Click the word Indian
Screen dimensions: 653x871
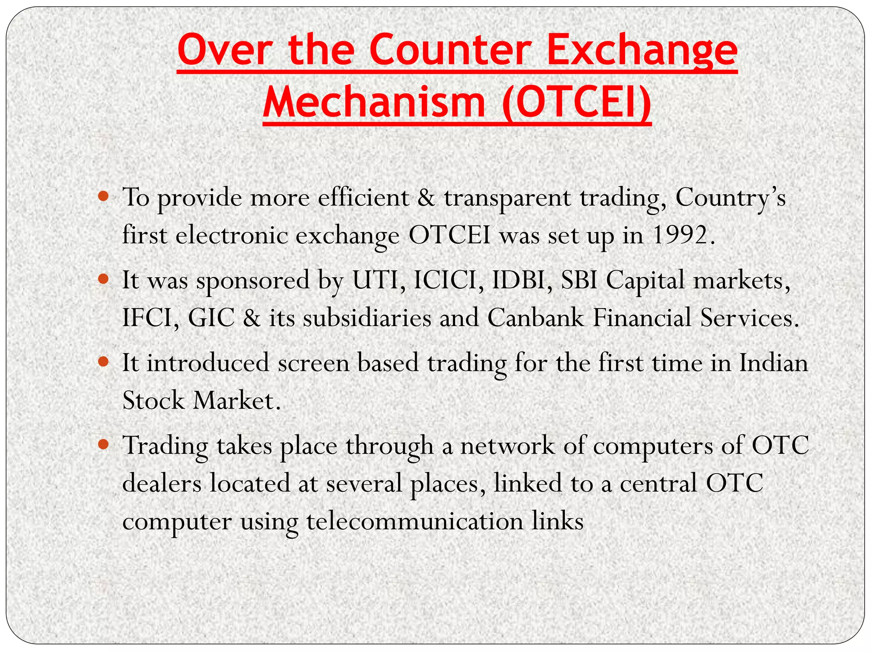point(773,363)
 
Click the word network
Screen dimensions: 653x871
point(507,446)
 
